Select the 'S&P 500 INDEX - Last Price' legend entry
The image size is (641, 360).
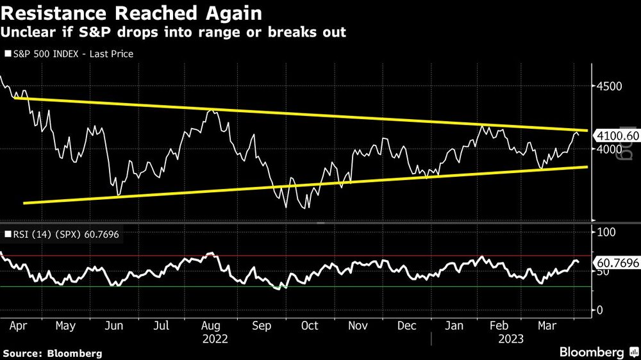tap(71, 54)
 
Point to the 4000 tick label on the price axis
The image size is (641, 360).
tap(610, 149)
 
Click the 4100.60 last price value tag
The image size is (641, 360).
tap(616, 136)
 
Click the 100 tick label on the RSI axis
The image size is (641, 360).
tap(606, 231)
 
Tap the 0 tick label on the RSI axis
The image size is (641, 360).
tap(600, 310)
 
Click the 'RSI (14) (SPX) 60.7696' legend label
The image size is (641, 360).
tap(63, 235)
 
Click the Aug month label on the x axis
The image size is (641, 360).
tap(210, 325)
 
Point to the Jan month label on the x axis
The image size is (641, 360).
tap(454, 325)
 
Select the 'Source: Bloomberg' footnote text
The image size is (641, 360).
tap(52, 353)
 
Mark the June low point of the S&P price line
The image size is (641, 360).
tap(118, 195)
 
